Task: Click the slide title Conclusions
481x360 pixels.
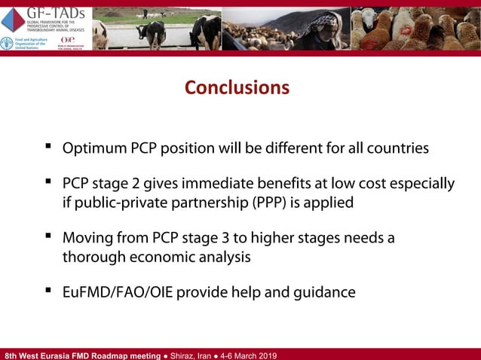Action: click(237, 88)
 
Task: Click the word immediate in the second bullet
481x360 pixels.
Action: click(230, 184)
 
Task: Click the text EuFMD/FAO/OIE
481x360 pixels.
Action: click(115, 292)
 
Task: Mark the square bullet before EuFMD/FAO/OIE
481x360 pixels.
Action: click(48, 290)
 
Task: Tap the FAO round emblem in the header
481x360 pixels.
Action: click(7, 44)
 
